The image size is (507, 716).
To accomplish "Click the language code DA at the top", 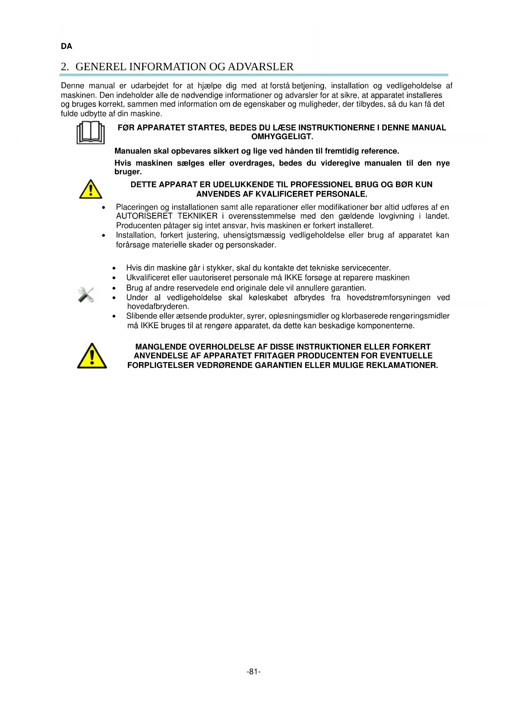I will coord(67,47).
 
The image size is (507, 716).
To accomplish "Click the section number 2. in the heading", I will coord(65,67).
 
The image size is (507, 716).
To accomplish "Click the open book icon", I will coord(90,133).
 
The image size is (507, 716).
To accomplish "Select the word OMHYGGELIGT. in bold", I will coord(282,137).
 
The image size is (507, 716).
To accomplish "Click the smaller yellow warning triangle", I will coord(91,189).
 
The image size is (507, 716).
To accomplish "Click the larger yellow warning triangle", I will coord(92,356).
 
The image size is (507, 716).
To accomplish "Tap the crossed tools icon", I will coord(86,294).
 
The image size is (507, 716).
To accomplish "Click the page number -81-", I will coord(254,672).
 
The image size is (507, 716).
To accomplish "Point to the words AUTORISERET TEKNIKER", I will coord(167,216).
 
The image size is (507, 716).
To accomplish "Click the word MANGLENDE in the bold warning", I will coord(161,347).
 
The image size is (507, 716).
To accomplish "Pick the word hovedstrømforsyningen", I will coord(389,298).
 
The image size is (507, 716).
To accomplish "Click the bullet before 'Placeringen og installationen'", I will coord(104,208).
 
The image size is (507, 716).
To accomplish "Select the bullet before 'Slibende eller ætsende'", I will coord(114,316).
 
